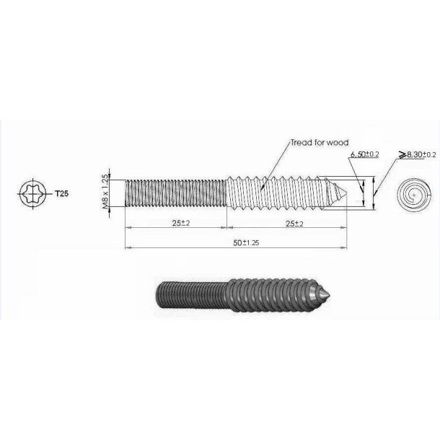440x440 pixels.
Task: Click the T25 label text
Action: click(62, 193)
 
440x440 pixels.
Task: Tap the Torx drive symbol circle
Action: click(34, 193)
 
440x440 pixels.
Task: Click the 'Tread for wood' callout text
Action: click(320, 143)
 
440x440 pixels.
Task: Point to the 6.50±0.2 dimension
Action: click(364, 155)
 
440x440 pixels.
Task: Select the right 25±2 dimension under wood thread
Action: click(290, 223)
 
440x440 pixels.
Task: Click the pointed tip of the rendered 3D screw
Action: click(330, 296)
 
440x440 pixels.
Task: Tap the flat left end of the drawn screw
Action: click(127, 193)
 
